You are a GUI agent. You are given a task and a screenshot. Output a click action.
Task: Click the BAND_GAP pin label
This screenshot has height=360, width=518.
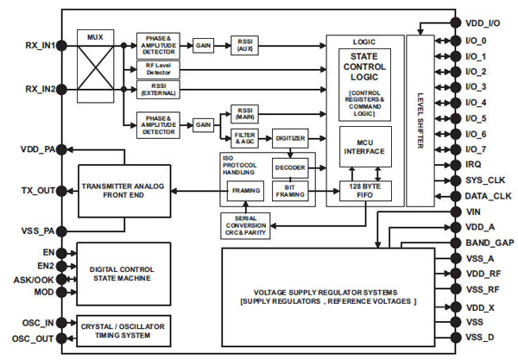click(x=488, y=243)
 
